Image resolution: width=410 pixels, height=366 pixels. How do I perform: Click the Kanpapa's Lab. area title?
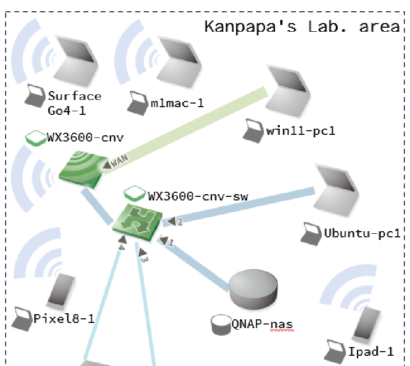click(301, 26)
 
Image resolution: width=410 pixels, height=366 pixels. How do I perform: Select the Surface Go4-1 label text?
click(75, 102)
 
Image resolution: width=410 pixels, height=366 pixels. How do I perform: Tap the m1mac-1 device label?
click(177, 103)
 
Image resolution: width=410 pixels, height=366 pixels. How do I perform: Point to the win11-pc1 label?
click(300, 130)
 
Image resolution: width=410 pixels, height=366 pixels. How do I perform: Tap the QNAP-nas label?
click(262, 323)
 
